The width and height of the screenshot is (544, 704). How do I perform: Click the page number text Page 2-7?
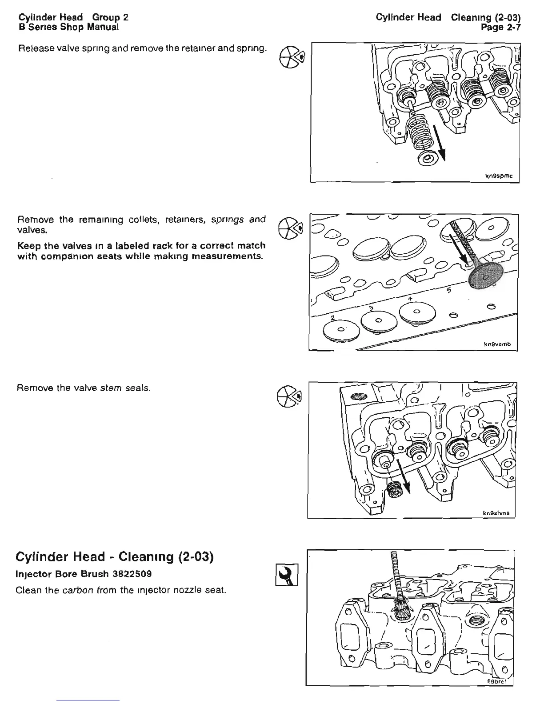(501, 28)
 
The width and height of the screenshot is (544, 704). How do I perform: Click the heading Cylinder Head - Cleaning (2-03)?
(115, 557)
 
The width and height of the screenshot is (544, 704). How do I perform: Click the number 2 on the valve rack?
(332, 316)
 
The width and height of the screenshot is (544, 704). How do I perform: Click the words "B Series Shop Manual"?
(68, 27)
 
